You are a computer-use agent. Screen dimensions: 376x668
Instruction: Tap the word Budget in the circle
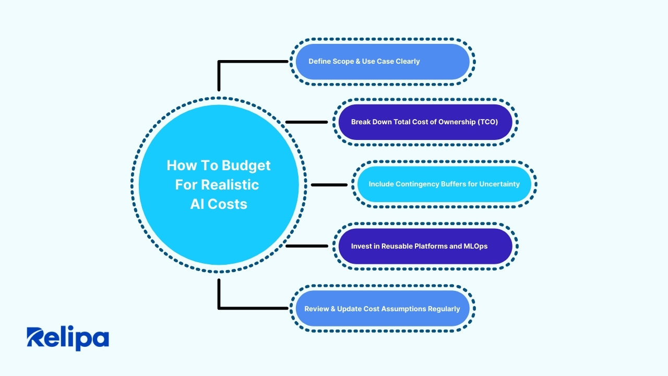click(x=246, y=166)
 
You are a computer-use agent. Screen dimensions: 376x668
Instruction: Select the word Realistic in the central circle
click(x=230, y=184)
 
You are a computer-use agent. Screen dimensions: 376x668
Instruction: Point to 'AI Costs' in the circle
click(x=219, y=204)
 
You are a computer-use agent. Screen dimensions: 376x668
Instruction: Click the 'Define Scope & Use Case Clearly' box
click(x=383, y=62)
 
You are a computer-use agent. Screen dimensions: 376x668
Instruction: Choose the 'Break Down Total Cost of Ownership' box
click(x=425, y=122)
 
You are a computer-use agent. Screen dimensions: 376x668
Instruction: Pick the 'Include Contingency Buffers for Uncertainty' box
click(x=444, y=184)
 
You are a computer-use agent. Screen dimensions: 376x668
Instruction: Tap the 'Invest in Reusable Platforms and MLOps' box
click(x=425, y=246)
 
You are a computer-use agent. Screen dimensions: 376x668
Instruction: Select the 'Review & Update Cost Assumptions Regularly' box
click(x=383, y=309)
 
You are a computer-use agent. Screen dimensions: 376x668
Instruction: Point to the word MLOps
click(x=475, y=246)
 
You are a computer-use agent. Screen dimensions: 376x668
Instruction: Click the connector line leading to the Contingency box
click(x=329, y=185)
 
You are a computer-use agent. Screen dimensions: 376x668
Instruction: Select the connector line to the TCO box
click(x=307, y=122)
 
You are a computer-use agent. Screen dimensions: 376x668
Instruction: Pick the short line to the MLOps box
click(x=307, y=246)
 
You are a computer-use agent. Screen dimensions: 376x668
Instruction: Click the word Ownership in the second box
click(x=460, y=122)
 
